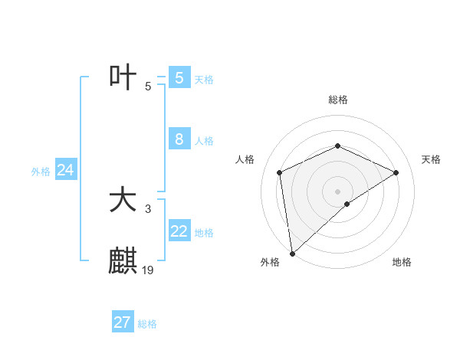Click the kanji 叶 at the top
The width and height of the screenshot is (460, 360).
[x=123, y=78]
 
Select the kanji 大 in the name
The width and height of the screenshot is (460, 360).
[x=123, y=201]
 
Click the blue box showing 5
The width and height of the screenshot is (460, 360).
[x=179, y=78]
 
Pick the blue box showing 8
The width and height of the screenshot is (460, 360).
[x=179, y=139]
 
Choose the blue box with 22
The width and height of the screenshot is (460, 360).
[x=179, y=231]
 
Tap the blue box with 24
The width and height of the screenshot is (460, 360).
[x=66, y=171]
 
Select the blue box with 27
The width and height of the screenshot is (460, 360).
[x=123, y=322]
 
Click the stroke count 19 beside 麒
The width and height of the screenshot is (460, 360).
[x=149, y=270]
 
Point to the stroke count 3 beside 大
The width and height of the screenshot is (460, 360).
[x=148, y=208]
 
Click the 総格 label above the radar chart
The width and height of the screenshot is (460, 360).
[x=338, y=100]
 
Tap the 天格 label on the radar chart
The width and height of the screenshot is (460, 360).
[x=431, y=159]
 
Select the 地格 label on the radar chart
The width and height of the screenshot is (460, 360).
[x=402, y=262]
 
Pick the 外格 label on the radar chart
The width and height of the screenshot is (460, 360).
[x=270, y=262]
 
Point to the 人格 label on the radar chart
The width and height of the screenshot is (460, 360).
[x=245, y=159]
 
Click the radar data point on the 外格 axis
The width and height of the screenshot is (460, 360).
[x=292, y=253]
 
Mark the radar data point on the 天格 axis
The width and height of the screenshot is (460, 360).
[x=396, y=172]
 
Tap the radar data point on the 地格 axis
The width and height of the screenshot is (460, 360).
[x=347, y=204]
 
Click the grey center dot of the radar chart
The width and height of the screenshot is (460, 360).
[x=338, y=191]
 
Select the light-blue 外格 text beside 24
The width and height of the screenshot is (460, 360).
[x=41, y=172]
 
